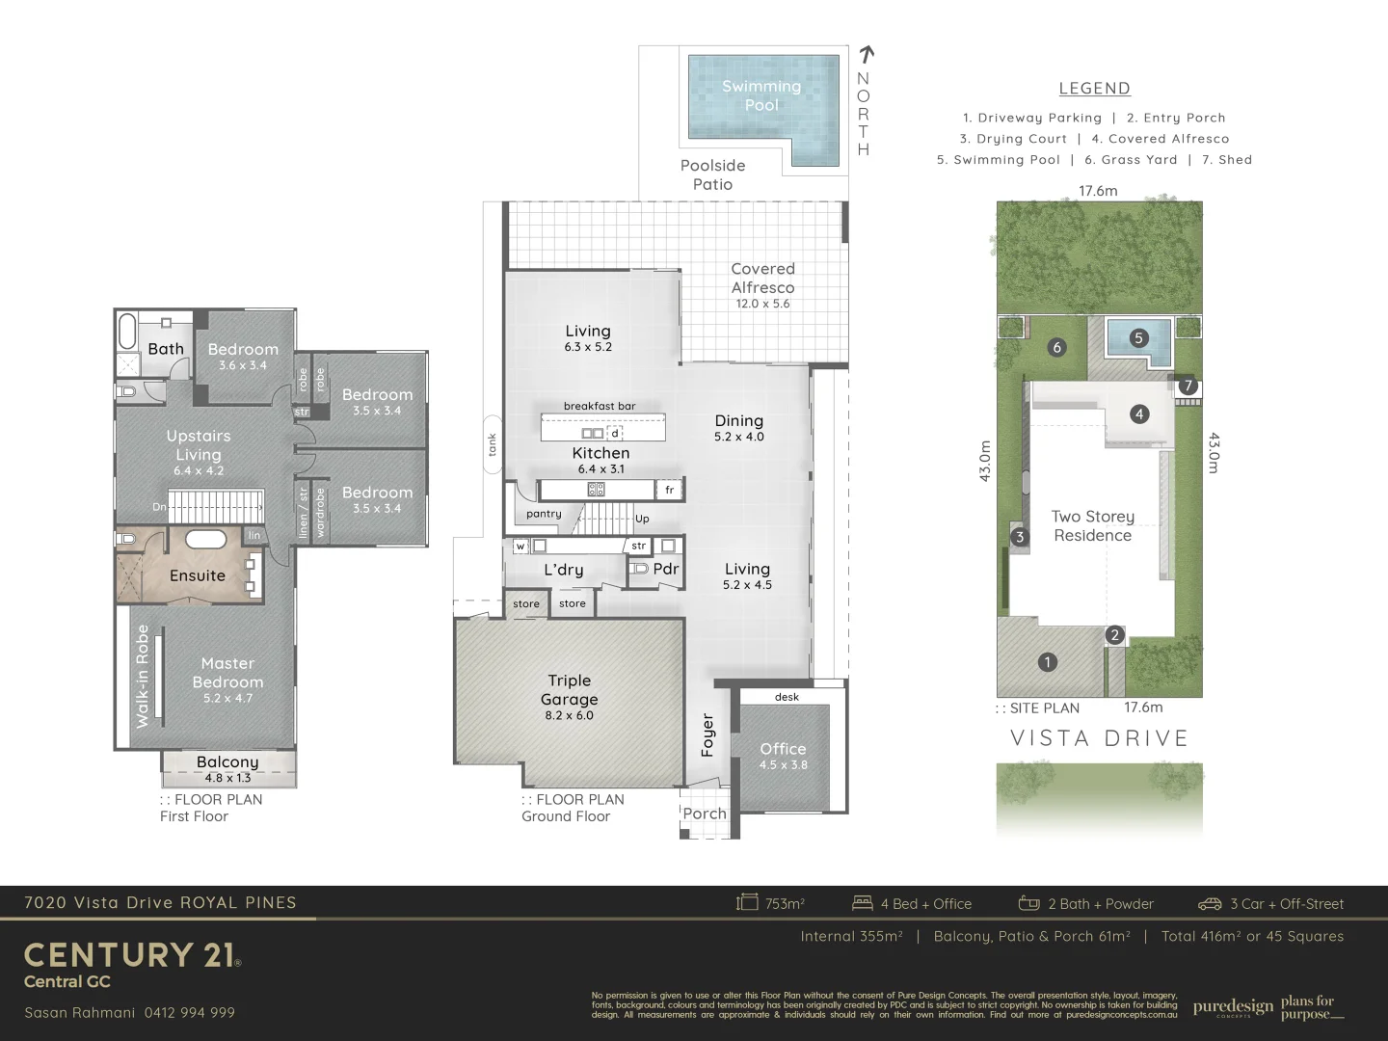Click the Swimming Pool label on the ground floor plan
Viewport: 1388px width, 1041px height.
(761, 95)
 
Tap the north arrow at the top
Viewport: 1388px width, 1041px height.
(866, 55)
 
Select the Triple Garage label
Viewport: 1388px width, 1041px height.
(569, 690)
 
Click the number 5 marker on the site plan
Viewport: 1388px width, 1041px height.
(1138, 338)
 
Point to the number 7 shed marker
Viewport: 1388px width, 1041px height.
(1188, 386)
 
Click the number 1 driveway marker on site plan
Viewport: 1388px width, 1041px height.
(1047, 662)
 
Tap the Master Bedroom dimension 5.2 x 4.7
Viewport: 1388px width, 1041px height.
(227, 698)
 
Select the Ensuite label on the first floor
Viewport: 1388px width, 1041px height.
(197, 575)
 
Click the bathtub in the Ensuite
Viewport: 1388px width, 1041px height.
(204, 540)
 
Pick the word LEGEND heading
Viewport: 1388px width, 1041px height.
(1094, 89)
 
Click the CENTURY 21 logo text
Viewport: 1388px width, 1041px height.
(130, 955)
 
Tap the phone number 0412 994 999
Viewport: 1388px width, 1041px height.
(189, 1012)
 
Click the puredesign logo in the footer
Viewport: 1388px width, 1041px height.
(1233, 1007)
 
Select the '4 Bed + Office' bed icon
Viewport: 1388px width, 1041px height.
(862, 903)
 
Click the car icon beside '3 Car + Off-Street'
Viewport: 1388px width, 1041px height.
(1209, 904)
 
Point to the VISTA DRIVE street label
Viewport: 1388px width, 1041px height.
(1099, 738)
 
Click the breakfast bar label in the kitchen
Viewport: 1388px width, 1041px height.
(600, 406)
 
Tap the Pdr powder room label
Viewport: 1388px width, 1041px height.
(665, 569)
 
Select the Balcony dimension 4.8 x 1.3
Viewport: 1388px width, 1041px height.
(227, 778)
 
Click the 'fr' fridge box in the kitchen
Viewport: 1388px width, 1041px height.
(669, 490)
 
